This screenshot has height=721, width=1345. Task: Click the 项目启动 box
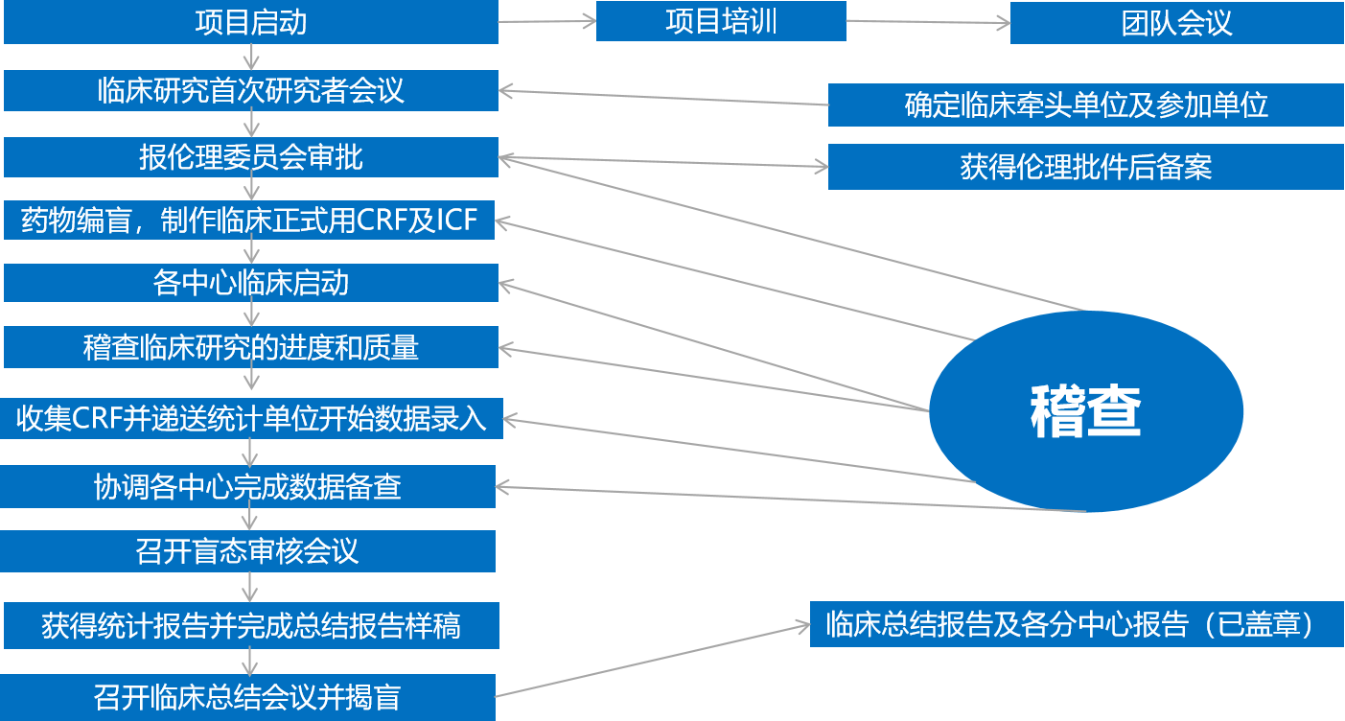pyautogui.click(x=250, y=22)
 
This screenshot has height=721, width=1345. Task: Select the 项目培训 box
pyautogui.click(x=721, y=21)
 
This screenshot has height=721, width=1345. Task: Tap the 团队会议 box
pyautogui.click(x=1176, y=22)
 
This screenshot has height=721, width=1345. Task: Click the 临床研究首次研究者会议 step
pyautogui.click(x=250, y=90)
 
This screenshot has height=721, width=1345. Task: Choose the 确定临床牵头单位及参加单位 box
pyautogui.click(x=1085, y=105)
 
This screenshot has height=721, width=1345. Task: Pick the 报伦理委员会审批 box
pyautogui.click(x=250, y=156)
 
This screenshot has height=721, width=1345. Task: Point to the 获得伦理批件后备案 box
pyautogui.click(x=1085, y=167)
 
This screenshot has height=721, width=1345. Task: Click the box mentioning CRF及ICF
pyautogui.click(x=250, y=221)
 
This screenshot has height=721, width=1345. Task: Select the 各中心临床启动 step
pyautogui.click(x=250, y=283)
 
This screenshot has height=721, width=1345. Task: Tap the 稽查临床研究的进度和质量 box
pyautogui.click(x=250, y=346)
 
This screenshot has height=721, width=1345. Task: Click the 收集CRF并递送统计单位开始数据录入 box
pyautogui.click(x=251, y=418)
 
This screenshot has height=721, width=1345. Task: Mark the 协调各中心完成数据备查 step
pyautogui.click(x=247, y=487)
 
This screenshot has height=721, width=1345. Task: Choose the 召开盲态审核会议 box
pyautogui.click(x=247, y=551)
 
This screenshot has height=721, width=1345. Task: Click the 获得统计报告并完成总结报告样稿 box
pyautogui.click(x=250, y=625)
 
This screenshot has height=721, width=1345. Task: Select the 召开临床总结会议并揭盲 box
pyautogui.click(x=247, y=697)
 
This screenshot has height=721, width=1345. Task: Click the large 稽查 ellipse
pyautogui.click(x=1085, y=410)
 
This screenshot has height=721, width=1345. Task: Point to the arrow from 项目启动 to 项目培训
pyautogui.click(x=547, y=21)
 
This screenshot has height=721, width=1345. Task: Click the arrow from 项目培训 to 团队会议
pyautogui.click(x=928, y=21)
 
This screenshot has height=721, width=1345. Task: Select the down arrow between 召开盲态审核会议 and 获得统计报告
pyautogui.click(x=250, y=587)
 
